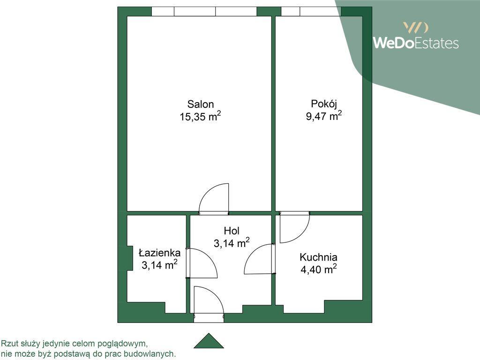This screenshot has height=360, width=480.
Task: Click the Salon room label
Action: tap(201, 105)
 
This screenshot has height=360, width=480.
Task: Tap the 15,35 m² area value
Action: tap(201, 116)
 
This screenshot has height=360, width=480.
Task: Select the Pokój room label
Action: tap(324, 104)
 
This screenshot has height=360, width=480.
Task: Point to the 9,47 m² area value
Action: tap(324, 116)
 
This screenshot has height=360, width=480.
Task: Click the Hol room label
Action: tap(232, 231)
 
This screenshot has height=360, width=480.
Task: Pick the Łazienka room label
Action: tap(159, 253)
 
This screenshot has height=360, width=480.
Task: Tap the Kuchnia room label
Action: tap(318, 257)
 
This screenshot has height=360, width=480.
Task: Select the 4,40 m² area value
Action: tap(318, 270)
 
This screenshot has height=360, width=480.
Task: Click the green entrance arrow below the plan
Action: tap(209, 341)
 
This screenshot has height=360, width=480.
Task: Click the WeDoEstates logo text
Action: tap(416, 43)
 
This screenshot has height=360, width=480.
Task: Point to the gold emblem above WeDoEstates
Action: tap(416, 28)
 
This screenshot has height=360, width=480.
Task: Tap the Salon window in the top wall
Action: tap(204, 11)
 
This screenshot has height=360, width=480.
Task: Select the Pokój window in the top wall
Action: tap(311, 11)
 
